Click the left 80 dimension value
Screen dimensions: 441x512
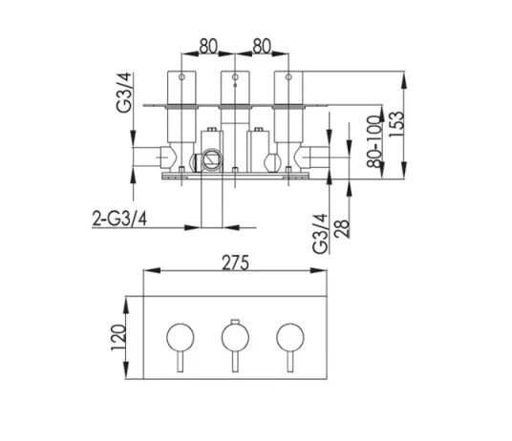click(211, 44)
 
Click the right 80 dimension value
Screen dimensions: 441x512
click(263, 44)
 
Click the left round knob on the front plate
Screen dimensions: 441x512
click(180, 336)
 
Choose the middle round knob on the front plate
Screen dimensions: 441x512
click(233, 336)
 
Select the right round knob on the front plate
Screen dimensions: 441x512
click(288, 336)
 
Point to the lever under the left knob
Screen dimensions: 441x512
click(180, 364)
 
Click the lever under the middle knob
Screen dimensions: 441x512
click(233, 364)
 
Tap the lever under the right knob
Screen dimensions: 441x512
click(288, 364)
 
